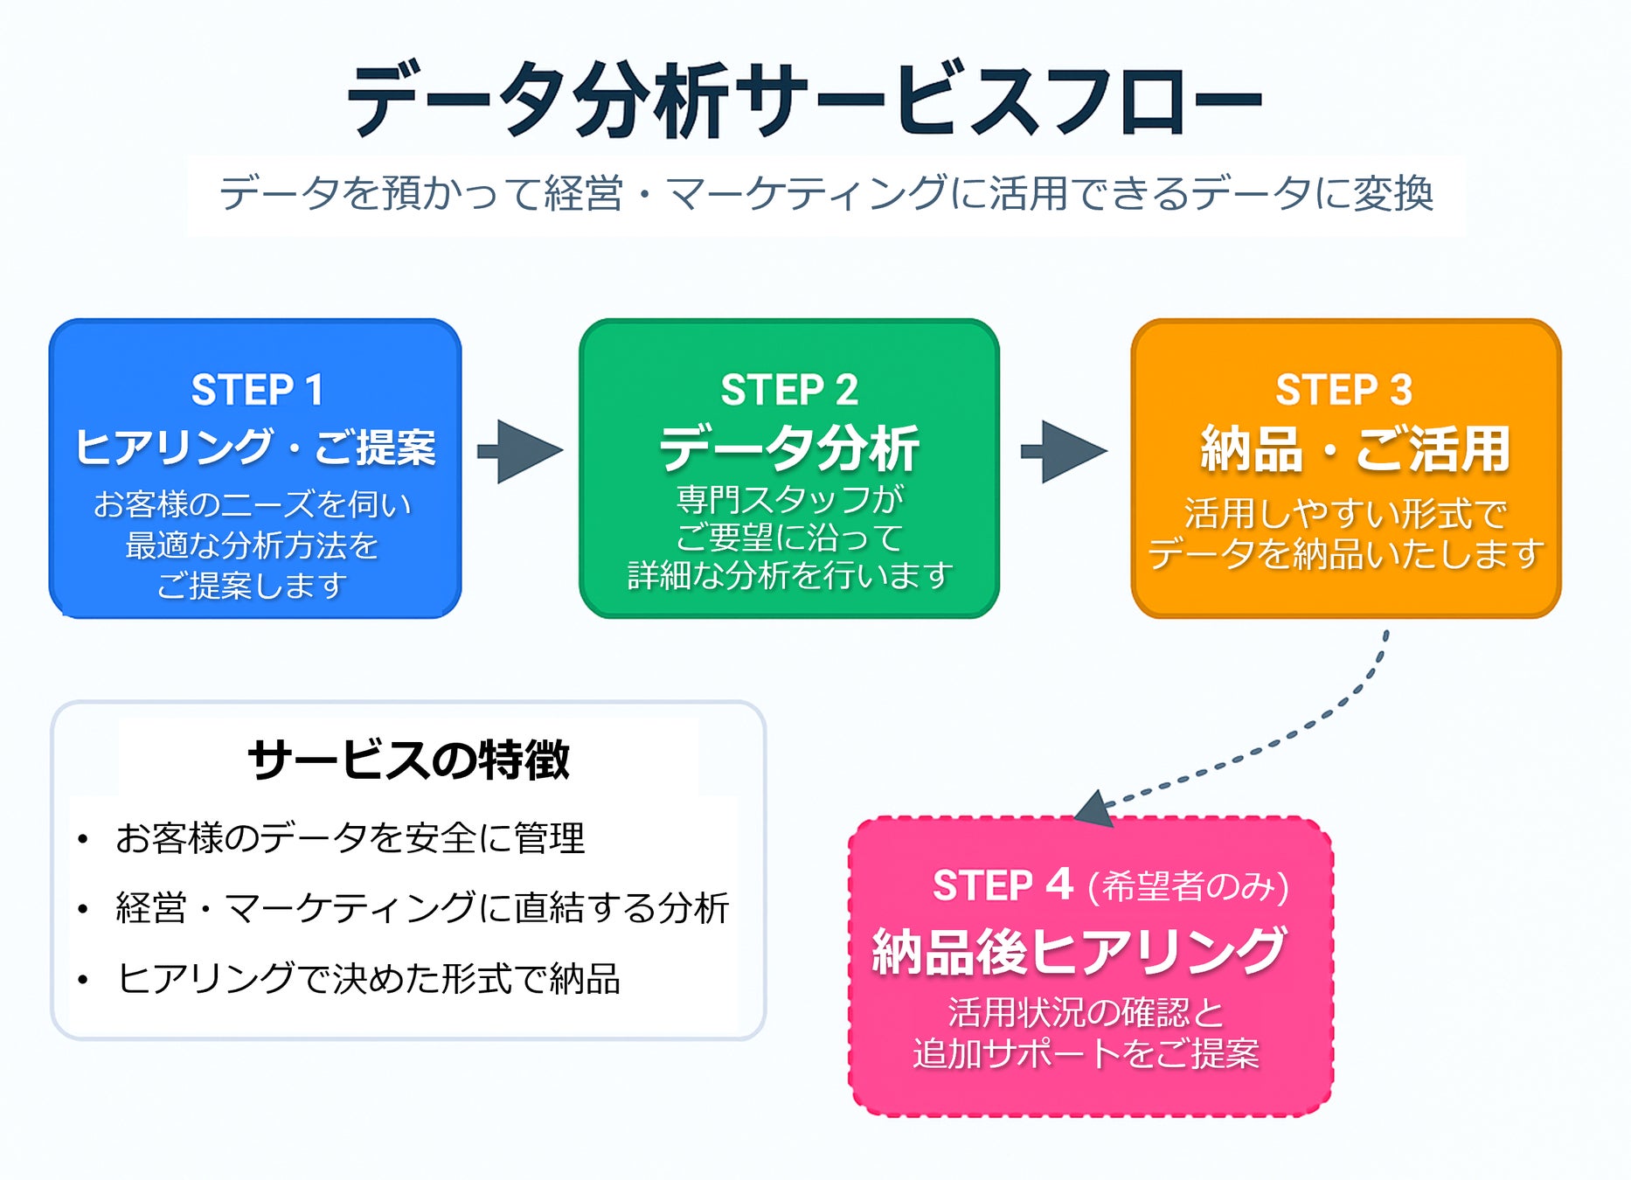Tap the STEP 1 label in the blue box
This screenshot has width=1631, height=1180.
tap(257, 390)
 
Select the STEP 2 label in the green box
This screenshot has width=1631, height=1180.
tap(789, 390)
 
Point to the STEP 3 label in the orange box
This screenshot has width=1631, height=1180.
tap(1343, 390)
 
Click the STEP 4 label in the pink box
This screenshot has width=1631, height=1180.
tap(1003, 885)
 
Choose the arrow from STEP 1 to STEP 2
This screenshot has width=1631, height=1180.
tap(520, 451)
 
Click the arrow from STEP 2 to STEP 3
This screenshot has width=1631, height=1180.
tap(1064, 451)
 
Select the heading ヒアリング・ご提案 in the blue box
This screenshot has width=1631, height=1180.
tap(255, 447)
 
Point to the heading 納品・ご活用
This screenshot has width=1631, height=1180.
tap(1355, 448)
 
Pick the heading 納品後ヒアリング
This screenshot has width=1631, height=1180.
tap(1080, 950)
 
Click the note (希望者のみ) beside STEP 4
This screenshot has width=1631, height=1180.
tap(1188, 886)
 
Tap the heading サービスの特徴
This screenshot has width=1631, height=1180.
tap(408, 759)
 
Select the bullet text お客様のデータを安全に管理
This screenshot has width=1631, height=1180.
tap(350, 837)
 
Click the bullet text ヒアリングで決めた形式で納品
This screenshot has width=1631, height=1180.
tap(368, 978)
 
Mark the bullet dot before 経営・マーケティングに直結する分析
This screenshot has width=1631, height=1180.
tap(83, 910)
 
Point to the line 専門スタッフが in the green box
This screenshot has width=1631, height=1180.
tap(789, 499)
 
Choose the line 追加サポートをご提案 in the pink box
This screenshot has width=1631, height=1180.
tap(1086, 1052)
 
